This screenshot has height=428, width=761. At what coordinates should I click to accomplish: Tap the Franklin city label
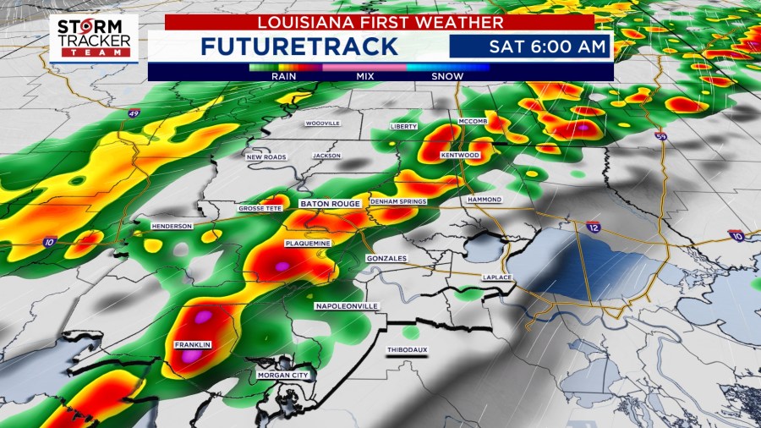(x=192, y=345)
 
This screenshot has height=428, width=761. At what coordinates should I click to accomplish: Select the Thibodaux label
(x=405, y=349)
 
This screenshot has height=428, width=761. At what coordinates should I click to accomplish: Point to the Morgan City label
(x=283, y=374)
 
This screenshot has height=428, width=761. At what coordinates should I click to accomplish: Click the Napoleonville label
(x=347, y=305)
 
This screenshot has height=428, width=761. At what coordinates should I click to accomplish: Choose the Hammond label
(x=485, y=200)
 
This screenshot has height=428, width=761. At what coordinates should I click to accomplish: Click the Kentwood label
(x=460, y=156)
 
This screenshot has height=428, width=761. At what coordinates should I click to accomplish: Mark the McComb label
(x=473, y=122)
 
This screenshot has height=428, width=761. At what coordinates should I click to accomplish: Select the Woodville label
(x=322, y=123)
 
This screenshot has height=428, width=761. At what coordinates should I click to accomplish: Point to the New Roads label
(x=266, y=156)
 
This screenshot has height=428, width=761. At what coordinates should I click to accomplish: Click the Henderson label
(x=172, y=226)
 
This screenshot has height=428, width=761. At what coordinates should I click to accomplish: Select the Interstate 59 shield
(x=662, y=134)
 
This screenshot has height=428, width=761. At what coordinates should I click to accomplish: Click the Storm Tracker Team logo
(x=93, y=37)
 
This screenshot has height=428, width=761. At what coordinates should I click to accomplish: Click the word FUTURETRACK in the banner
(x=299, y=46)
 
